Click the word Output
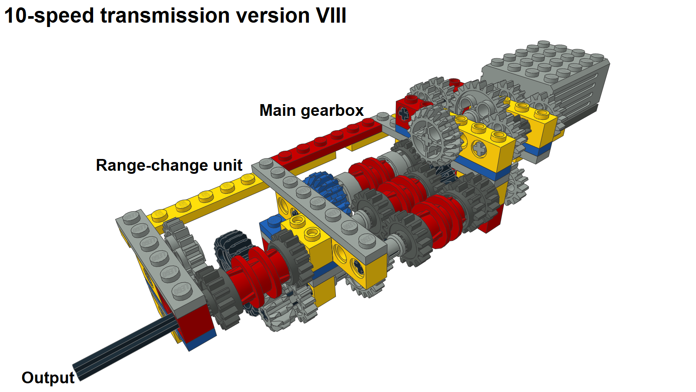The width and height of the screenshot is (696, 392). [x=48, y=378]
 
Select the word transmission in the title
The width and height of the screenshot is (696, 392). [x=165, y=16]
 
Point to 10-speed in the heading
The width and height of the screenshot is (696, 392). [x=49, y=16]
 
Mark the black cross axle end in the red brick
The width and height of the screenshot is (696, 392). [x=404, y=114]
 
